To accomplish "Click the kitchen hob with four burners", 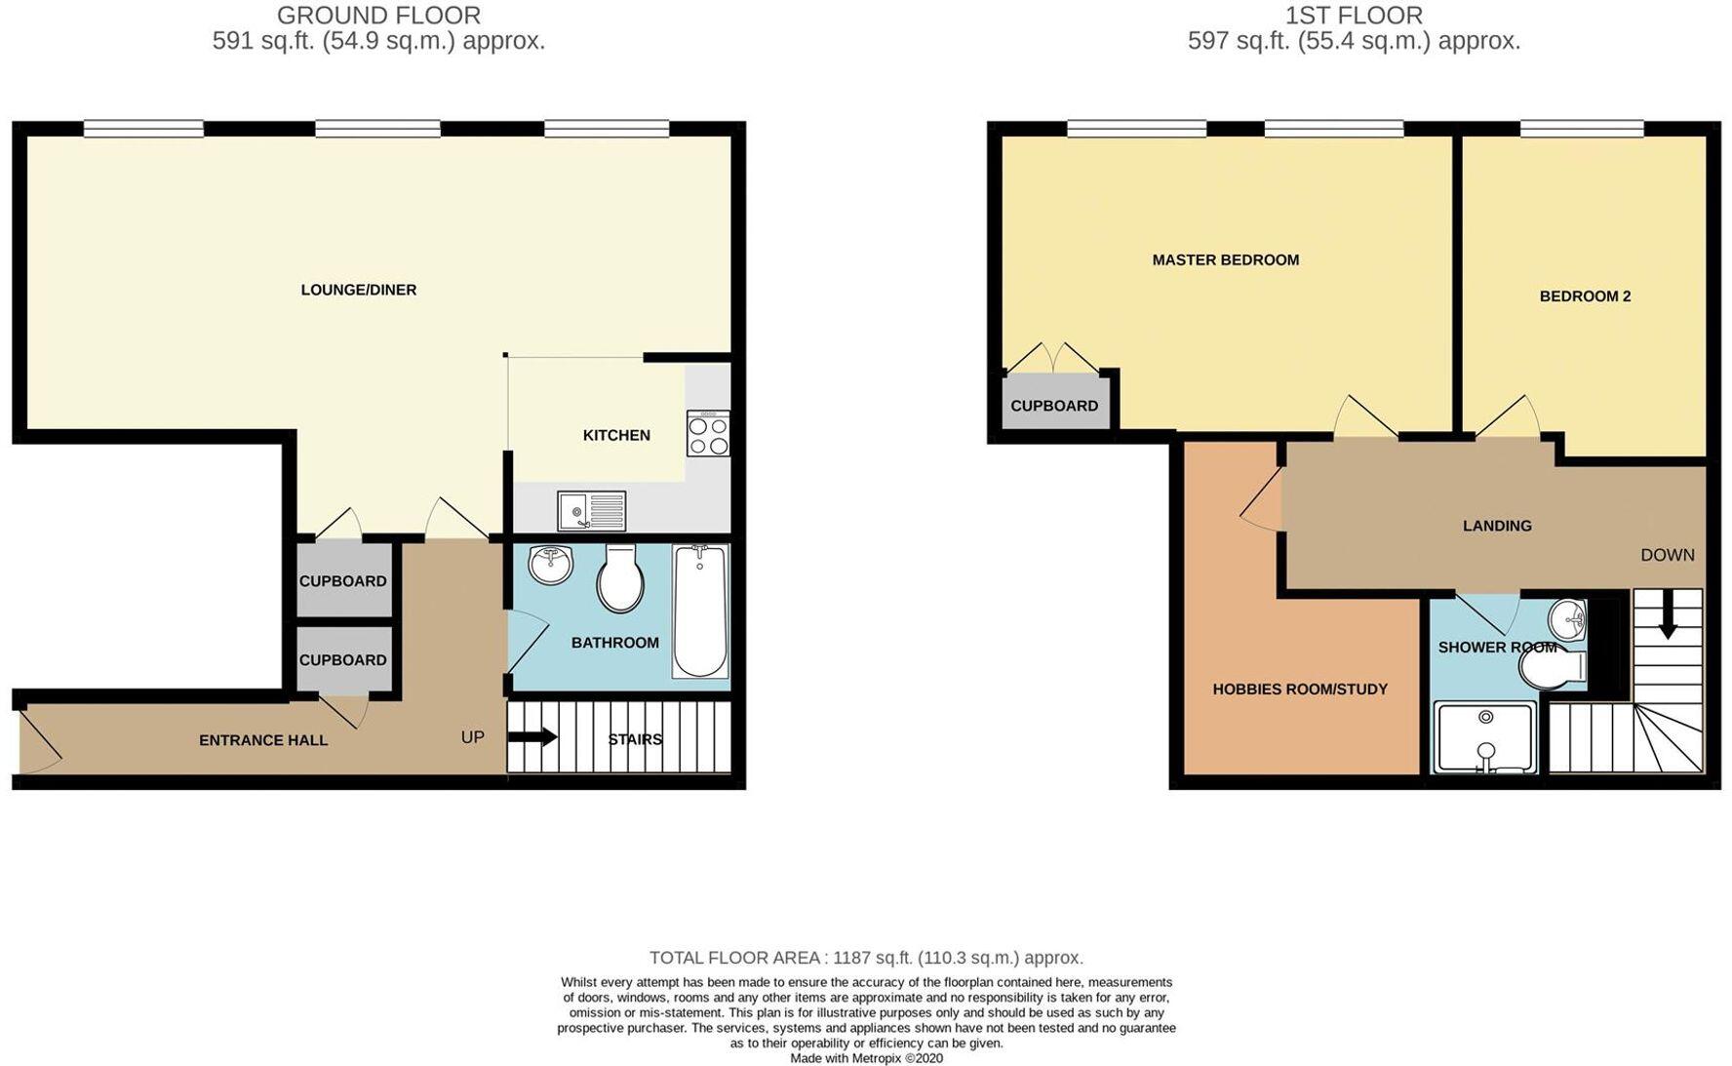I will point(708,433).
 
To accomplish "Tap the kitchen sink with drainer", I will point(591,510).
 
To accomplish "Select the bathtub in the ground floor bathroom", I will point(699,612).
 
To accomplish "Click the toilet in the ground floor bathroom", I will point(620,579).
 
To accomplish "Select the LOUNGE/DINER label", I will point(358,290).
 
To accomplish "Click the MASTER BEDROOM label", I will point(1225,260).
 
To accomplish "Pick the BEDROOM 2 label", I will point(1585,296).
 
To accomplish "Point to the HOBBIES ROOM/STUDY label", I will point(1299,690).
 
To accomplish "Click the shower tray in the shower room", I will point(1484,738).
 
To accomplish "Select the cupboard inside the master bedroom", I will point(1054,404).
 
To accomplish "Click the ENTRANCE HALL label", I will point(262,740).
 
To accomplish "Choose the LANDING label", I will point(1496,526).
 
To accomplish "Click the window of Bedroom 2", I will point(1581,128).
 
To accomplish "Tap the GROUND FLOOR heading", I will point(378,16).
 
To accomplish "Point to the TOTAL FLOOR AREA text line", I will point(866,958).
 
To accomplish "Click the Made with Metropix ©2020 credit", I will point(866,1058).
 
